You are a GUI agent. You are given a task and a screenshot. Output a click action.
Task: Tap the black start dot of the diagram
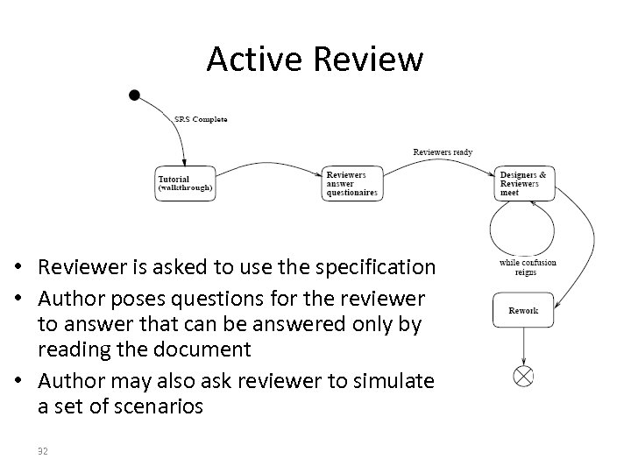[x=133, y=94]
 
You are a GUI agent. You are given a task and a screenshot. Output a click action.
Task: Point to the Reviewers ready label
[x=443, y=152]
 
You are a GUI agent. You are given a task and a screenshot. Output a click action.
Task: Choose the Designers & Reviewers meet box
[x=523, y=184]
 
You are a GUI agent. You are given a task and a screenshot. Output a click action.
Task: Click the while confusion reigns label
[x=527, y=267]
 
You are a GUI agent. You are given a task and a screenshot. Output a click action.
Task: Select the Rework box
[x=523, y=310]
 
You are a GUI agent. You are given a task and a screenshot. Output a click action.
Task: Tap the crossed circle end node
[x=523, y=377]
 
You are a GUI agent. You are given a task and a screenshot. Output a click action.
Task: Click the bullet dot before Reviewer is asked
[x=29, y=267]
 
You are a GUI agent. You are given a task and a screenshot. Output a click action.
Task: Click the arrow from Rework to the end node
[x=523, y=347]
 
